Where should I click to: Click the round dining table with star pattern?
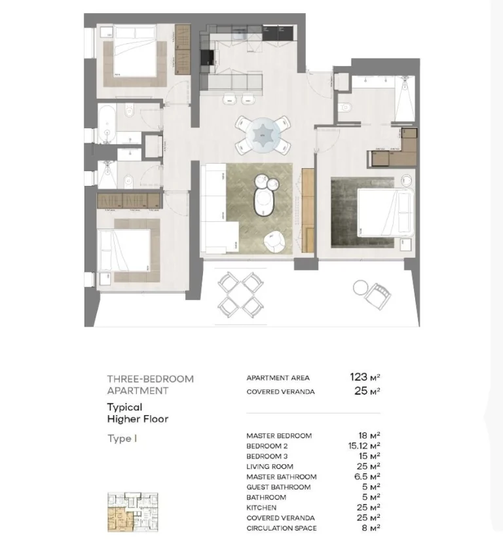(263, 135)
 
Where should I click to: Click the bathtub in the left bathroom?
(107, 124)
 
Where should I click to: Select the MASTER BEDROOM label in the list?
(279, 436)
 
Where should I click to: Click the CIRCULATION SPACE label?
(282, 528)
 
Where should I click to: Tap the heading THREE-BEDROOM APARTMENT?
(150, 384)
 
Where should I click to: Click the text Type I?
(122, 439)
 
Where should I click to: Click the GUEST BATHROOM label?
(278, 487)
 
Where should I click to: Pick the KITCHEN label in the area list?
(261, 508)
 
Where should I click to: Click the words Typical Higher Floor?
(138, 413)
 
